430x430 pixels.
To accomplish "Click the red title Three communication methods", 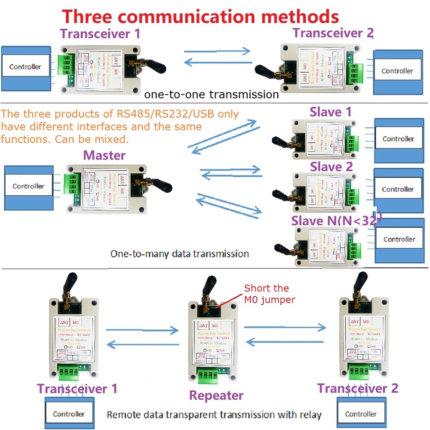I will coord(201,16).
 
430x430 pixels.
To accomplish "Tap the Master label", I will coord(104,155).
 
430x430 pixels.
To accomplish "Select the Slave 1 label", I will coord(331,112).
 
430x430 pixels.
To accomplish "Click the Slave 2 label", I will coord(331,166).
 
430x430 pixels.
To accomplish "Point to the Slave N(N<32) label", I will coord(336,221).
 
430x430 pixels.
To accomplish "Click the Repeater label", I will coord(216,395).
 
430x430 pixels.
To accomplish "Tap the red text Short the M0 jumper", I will coord(270,294).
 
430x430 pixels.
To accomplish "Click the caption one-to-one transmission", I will coord(212,94).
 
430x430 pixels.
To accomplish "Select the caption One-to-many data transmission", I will coord(180,253).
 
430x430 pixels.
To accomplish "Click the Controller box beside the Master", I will coord(28,186).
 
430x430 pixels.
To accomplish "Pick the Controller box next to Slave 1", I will coord(398,139).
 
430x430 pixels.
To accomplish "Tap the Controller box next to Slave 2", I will coord(397,189).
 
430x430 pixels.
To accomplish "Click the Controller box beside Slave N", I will coord(399,239).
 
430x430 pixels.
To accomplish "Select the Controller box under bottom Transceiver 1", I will coord(69,414).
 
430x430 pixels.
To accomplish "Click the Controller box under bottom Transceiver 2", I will coord(361,414).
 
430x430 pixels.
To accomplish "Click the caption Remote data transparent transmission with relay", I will coord(214,415).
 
